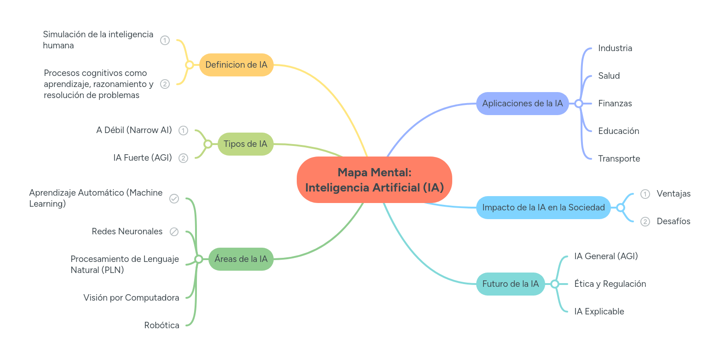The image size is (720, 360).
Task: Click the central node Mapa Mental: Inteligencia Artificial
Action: (374, 180)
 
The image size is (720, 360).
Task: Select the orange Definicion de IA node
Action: (236, 65)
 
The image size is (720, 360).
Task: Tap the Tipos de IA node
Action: (245, 144)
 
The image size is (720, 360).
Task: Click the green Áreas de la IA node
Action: (241, 259)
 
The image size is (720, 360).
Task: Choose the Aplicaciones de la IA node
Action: (522, 104)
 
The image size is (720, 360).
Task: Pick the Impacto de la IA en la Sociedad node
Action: (543, 208)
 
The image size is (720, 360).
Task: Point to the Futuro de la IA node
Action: (510, 284)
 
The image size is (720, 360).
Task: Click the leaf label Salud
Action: (609, 76)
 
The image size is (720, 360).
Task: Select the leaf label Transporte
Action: (619, 159)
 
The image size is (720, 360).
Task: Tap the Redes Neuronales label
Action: (127, 232)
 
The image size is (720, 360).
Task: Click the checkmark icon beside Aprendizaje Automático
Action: (174, 198)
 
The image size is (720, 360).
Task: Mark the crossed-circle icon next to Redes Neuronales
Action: (174, 232)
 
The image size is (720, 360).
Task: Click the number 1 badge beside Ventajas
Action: (645, 194)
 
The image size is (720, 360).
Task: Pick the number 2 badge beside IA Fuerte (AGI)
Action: (183, 158)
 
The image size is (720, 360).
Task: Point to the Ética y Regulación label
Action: (610, 284)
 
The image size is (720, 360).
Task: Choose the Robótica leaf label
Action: (161, 325)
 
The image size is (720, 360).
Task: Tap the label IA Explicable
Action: (599, 312)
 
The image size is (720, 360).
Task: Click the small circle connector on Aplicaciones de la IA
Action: (579, 104)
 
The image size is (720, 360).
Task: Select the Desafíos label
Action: (673, 221)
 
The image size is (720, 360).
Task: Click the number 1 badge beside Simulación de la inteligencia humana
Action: (165, 41)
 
